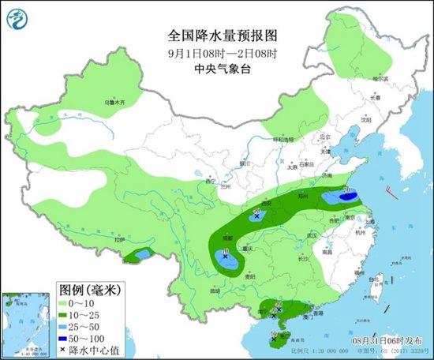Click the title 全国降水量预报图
pos(216,36)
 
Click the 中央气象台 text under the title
pos(216,69)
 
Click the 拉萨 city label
pos(119,239)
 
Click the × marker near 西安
pos(257,215)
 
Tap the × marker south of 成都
pos(225,257)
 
